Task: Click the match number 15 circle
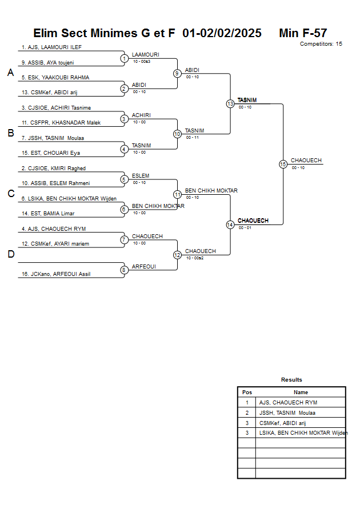[283, 164]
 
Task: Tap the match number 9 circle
[177, 73]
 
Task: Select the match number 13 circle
[230, 103]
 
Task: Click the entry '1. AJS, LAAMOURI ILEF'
[48, 47]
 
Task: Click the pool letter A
[10, 73]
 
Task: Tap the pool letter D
[10, 254]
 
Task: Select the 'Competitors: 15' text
[321, 43]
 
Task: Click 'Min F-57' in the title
[303, 33]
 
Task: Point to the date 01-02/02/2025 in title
[222, 33]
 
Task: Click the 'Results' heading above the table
[291, 380]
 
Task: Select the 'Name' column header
[301, 392]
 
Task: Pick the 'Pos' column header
[247, 392]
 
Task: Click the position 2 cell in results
[247, 412]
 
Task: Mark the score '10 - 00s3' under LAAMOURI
[141, 61]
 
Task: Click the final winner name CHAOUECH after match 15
[306, 161]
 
